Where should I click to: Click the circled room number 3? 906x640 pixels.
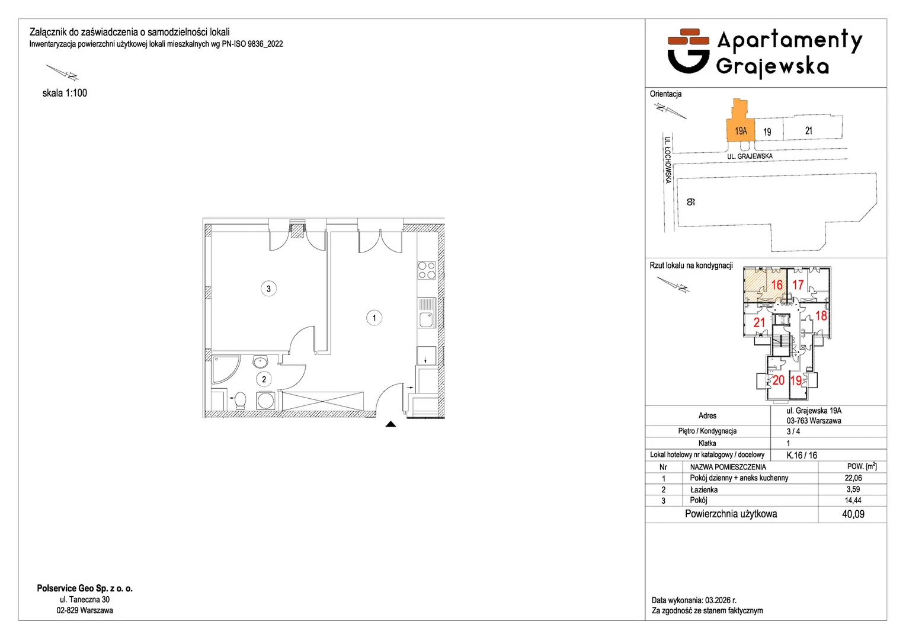click(268, 289)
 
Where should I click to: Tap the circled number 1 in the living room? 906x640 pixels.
click(374, 318)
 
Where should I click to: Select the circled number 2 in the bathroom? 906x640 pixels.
click(264, 379)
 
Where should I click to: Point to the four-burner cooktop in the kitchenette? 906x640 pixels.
click(427, 271)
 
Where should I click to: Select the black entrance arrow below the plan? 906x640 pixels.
click(390, 424)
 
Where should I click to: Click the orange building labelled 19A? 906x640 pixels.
click(741, 121)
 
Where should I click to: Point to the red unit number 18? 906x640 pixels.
click(821, 315)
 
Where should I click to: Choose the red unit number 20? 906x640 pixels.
click(778, 380)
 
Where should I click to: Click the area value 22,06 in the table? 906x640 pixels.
click(853, 478)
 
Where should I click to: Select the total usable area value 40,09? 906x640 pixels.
click(853, 514)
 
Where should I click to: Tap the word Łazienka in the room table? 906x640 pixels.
click(704, 489)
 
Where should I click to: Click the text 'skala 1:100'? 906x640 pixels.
click(65, 93)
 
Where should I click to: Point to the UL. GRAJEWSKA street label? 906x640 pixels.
click(750, 156)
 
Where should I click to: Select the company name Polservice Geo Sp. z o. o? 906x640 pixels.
click(85, 588)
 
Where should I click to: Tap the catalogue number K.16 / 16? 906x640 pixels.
click(802, 455)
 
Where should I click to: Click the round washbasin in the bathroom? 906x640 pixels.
click(260, 361)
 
